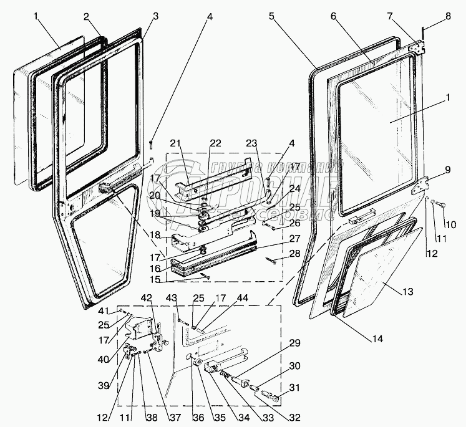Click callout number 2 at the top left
click(86, 16)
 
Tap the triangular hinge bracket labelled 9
click(424, 186)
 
